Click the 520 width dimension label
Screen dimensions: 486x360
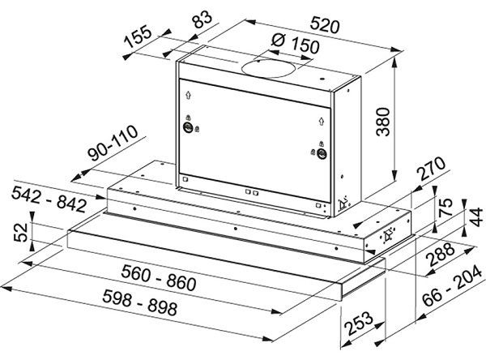click(x=325, y=25)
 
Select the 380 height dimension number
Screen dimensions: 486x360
click(x=383, y=122)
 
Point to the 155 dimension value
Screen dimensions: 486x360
click(x=138, y=37)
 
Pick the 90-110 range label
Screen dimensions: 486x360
click(x=113, y=143)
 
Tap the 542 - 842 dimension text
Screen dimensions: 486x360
click(x=49, y=199)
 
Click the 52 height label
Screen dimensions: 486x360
click(x=21, y=232)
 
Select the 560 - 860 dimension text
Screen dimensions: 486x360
click(x=159, y=277)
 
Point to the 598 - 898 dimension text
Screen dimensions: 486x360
click(x=140, y=302)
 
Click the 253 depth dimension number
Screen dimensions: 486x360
click(x=359, y=323)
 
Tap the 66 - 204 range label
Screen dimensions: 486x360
click(x=452, y=286)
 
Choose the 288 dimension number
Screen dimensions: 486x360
click(x=440, y=254)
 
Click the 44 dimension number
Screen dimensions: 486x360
click(x=476, y=217)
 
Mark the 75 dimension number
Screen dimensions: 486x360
click(x=446, y=207)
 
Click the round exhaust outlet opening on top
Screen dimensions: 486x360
click(x=268, y=68)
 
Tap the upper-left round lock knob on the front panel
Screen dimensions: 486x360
click(x=188, y=127)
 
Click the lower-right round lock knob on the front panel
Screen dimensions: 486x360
click(x=322, y=153)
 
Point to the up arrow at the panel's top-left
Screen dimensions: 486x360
click(x=188, y=95)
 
